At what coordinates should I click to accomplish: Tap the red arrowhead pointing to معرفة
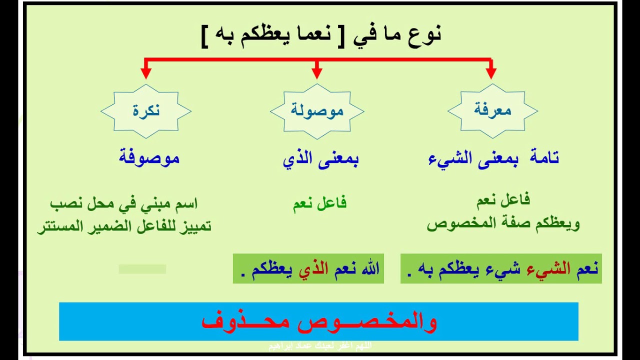491,72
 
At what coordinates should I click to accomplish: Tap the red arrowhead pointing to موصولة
316,72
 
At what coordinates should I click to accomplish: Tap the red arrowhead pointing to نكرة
145,72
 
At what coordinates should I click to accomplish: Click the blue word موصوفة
149,158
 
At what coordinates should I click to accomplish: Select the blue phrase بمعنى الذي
320,159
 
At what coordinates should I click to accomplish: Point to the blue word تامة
542,158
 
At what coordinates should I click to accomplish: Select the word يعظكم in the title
267,36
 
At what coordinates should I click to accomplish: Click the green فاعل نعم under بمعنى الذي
319,203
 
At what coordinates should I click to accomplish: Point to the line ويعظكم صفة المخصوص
503,223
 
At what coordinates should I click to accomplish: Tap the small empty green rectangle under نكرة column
142,269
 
